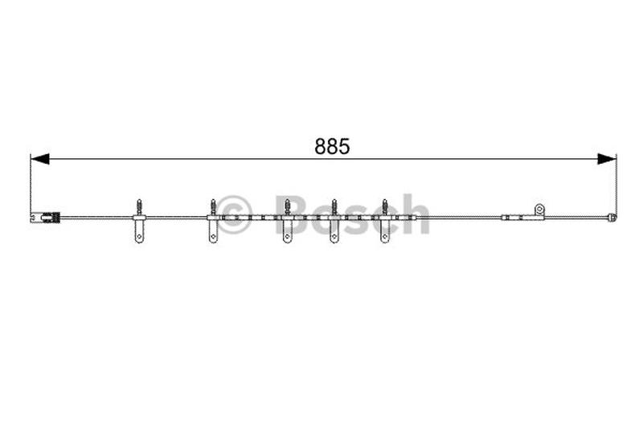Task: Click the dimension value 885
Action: coord(332,146)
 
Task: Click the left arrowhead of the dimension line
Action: coord(39,159)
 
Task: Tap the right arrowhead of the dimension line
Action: coord(607,159)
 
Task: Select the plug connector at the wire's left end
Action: coord(45,217)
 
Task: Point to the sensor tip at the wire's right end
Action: coord(612,217)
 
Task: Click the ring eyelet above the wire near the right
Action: coord(539,210)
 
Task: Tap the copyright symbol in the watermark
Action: coord(234,214)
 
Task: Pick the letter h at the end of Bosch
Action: coord(415,214)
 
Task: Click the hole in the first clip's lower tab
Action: coord(139,236)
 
